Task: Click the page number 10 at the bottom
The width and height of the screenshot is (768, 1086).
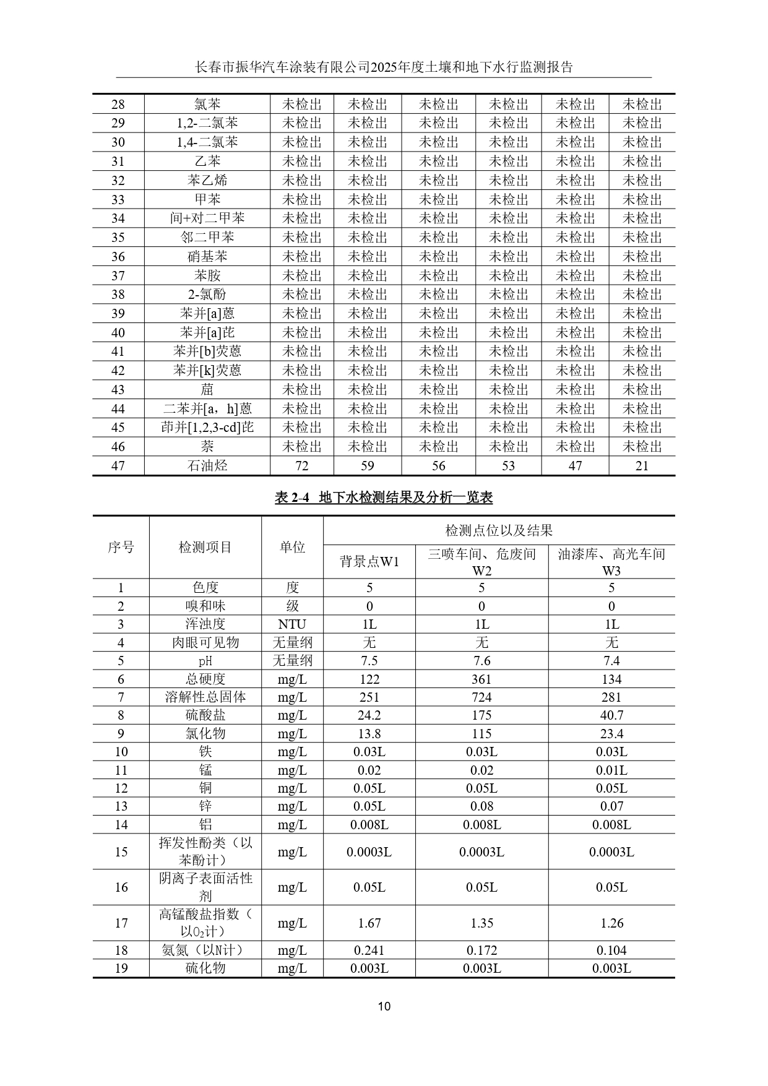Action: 384,1006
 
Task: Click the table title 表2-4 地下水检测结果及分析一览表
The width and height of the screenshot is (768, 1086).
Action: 384,498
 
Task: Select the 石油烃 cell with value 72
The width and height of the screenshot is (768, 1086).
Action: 302,466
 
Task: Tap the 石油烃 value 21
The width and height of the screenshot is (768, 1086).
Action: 642,466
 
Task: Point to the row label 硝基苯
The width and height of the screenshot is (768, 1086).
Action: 207,257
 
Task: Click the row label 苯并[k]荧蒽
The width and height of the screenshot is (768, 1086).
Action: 207,371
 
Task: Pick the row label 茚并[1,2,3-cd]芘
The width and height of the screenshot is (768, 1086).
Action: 207,428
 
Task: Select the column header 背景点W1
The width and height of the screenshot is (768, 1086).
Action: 369,561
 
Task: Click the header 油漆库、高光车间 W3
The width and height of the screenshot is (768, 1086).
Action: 611,562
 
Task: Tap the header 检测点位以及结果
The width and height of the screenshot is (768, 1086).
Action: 499,530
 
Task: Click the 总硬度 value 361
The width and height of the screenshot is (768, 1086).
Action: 481,679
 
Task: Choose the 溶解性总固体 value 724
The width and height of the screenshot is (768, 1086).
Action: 481,697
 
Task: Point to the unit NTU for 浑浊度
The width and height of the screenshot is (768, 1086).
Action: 292,624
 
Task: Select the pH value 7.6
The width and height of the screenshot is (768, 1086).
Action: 481,661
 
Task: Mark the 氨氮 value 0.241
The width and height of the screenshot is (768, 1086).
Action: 369,950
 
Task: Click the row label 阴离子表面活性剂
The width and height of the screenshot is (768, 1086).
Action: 205,887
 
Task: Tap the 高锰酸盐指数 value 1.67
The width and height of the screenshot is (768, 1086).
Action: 369,923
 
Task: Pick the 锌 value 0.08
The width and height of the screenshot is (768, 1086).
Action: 481,806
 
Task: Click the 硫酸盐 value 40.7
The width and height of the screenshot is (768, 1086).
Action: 611,715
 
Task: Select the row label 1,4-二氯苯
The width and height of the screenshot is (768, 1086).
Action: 207,142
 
